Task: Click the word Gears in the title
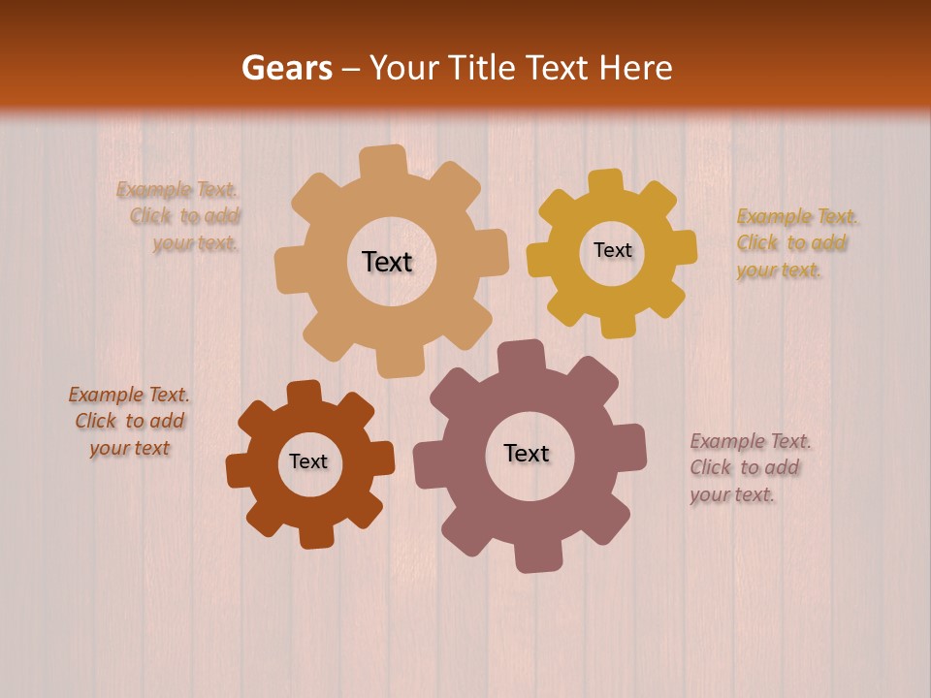[286, 68]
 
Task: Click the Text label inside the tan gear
[387, 262]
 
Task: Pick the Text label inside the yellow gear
[612, 250]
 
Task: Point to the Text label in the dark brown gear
[308, 461]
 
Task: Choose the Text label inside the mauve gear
[527, 453]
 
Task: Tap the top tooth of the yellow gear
[605, 182]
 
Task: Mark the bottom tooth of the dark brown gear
[314, 535]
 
